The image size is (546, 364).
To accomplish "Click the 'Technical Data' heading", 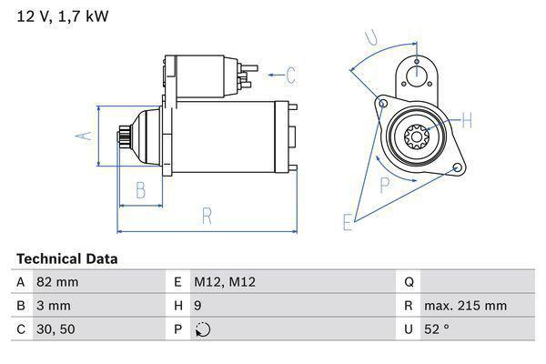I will pos(66,259).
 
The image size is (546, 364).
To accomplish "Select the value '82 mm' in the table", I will pos(56,282).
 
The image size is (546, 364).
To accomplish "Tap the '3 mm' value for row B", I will pos(53,306).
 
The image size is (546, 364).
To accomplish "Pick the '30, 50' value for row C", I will pos(55,329).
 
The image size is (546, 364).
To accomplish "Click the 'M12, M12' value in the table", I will pos(225,282).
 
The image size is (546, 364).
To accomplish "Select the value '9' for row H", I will pos(198,306).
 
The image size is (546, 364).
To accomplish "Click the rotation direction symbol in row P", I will pos(202,329).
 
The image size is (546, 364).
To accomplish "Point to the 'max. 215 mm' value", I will pos(468,306).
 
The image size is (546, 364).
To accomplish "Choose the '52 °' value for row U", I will pos(436,329).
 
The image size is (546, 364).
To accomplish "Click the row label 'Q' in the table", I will pos(409,282).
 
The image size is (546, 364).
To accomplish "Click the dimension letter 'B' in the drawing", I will pos(141,190).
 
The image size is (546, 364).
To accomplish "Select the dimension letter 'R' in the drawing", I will pos(207,216).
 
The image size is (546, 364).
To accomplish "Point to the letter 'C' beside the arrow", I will pos(291,75).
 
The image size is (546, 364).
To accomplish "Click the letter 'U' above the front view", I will pos(370,37).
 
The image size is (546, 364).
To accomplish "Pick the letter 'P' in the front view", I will pos(384,185).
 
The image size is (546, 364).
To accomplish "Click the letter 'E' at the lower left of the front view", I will pos(347,221).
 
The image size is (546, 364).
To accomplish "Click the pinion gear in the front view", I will pos(416,138).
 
